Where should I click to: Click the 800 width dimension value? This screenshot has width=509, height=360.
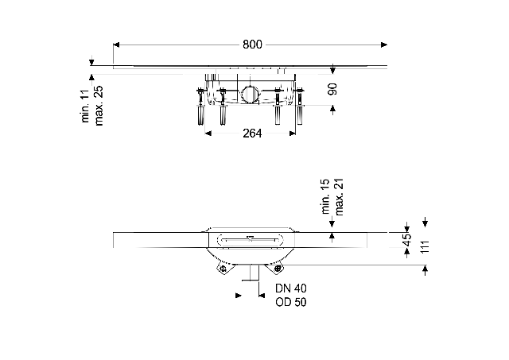pyautogui.click(x=251, y=45)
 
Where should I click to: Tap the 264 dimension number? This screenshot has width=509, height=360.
pyautogui.click(x=252, y=133)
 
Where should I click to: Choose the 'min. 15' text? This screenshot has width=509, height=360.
pyautogui.click(x=325, y=199)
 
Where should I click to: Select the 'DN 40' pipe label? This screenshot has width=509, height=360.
pyautogui.click(x=291, y=289)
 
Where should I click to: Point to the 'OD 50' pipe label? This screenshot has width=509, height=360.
pyautogui.click(x=291, y=302)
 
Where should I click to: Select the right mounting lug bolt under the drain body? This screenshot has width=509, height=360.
pyautogui.click(x=278, y=268)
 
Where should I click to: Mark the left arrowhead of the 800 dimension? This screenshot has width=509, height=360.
pyautogui.click(x=117, y=45)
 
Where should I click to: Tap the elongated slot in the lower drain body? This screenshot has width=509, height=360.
pyautogui.click(x=251, y=238)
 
